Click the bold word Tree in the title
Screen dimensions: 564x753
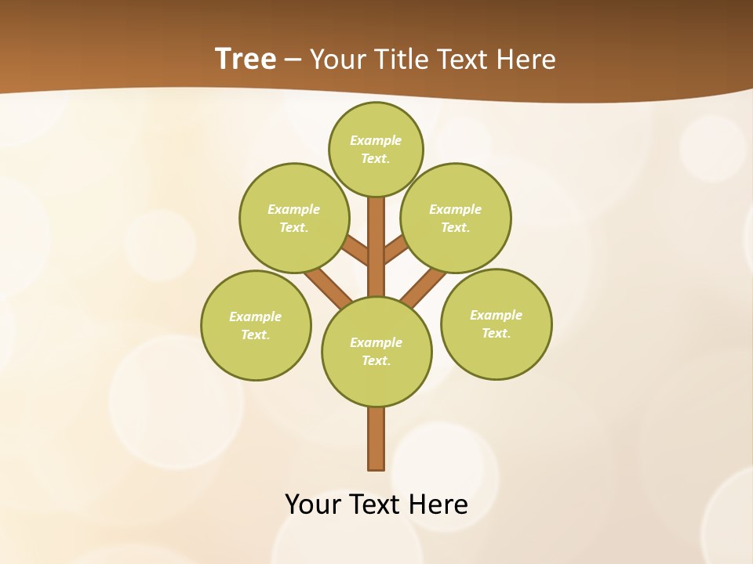246,59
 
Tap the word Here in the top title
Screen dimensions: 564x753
526,60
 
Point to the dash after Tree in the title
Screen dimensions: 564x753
293,60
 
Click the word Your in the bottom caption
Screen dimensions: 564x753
312,504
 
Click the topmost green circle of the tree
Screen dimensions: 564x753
376,149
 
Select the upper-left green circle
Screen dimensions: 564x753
293,218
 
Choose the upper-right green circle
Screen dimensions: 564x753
456,218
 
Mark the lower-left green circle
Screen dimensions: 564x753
256,325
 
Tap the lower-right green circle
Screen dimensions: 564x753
497,324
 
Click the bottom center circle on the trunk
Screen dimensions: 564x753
376,352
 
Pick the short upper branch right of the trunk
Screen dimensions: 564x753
395,251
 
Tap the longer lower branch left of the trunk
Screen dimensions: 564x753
329,287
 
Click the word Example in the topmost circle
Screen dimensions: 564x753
376,140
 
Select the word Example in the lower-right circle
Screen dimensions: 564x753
496,315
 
